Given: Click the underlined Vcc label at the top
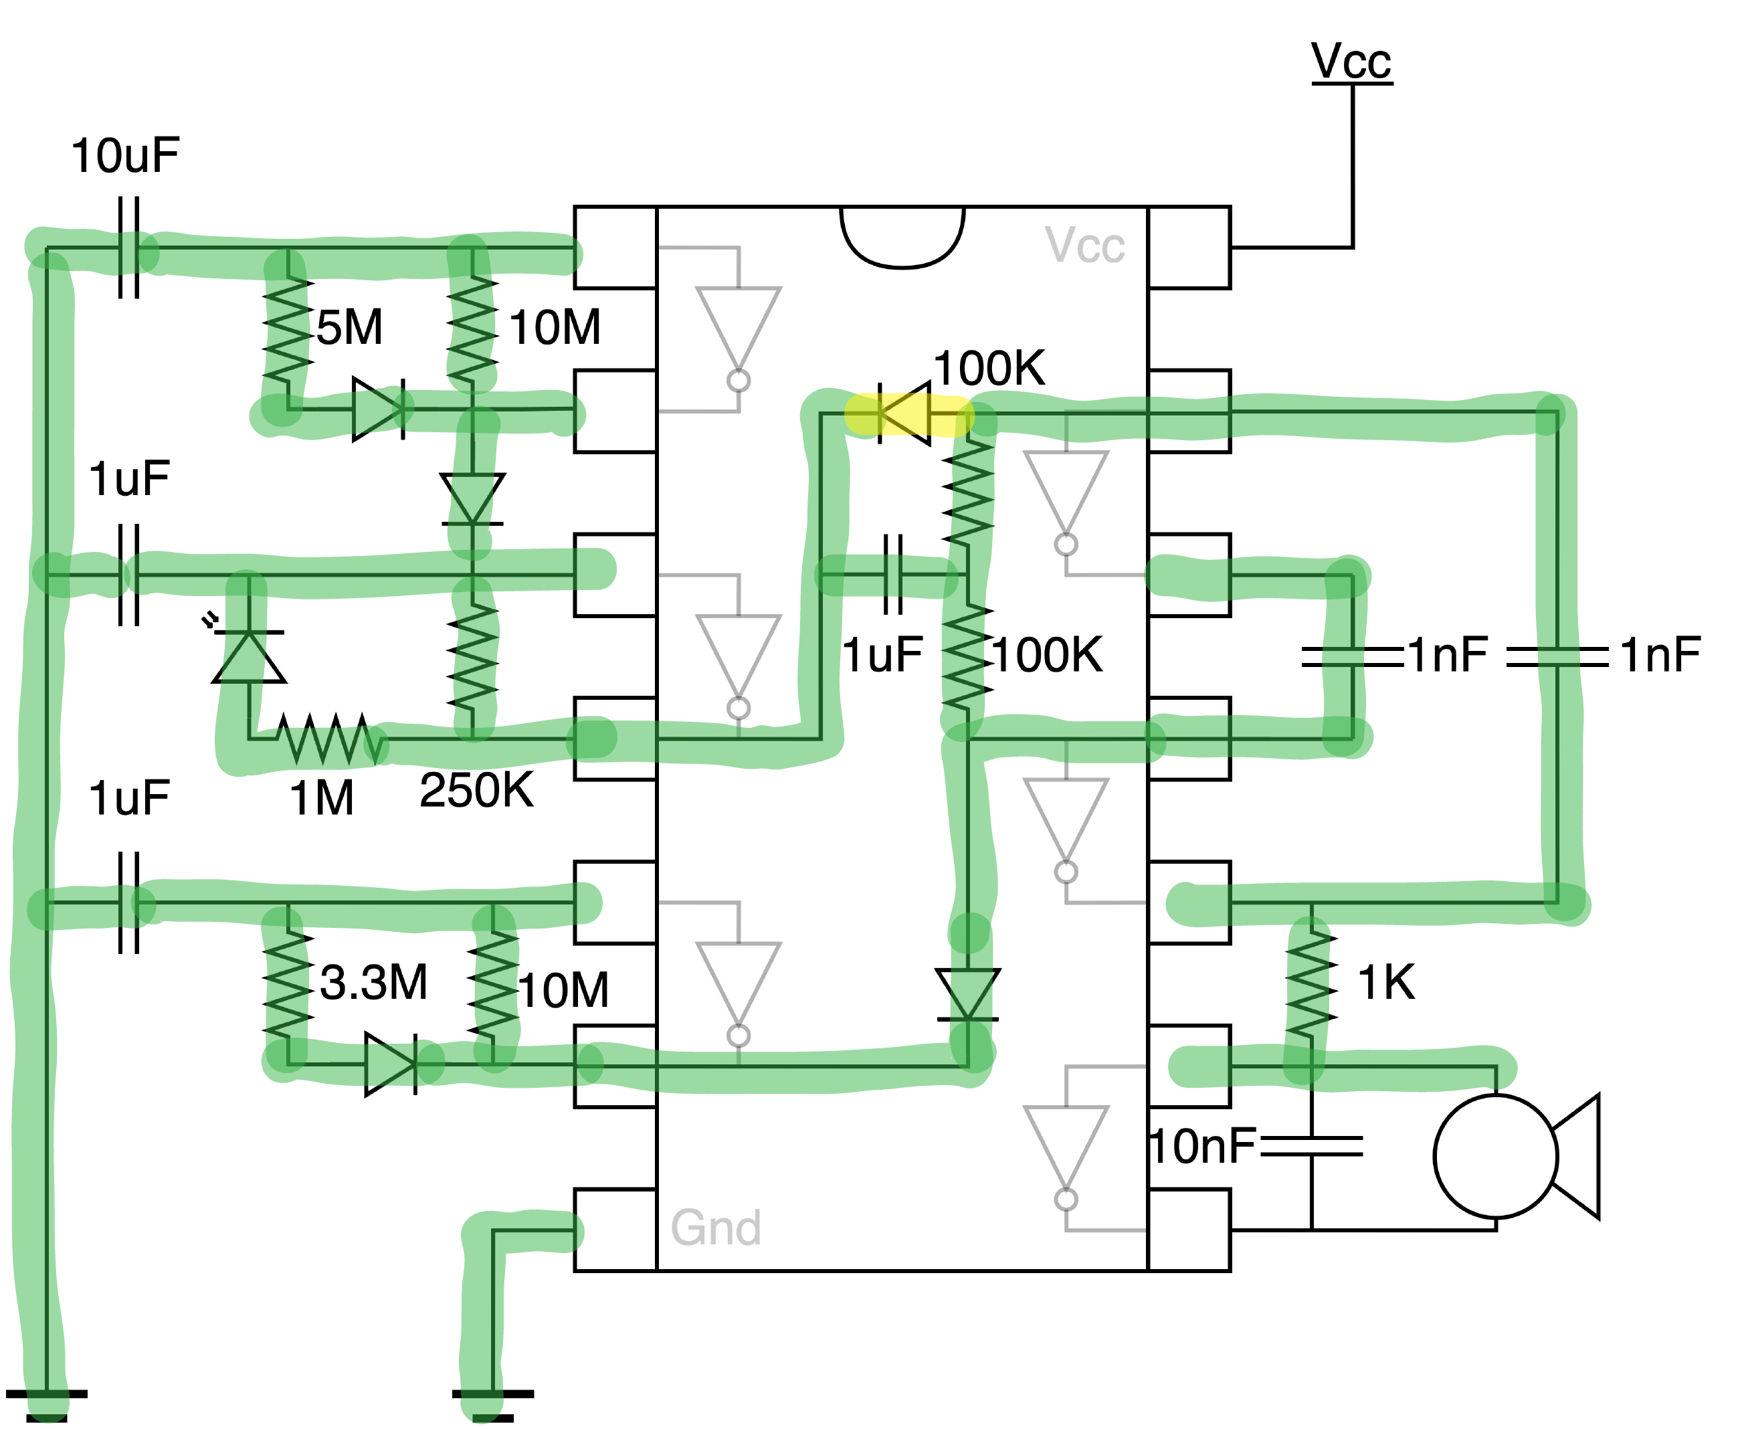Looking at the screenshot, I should click(x=1351, y=62).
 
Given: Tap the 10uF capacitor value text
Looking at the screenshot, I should click(x=125, y=156).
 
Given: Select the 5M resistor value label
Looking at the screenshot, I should click(x=350, y=328).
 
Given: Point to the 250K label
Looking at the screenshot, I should click(x=476, y=790).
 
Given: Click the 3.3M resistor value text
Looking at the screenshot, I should click(x=374, y=982).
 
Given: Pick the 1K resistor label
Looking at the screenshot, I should click(x=1386, y=982).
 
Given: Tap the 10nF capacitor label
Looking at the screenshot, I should click(x=1202, y=1147).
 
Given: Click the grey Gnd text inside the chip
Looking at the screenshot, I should click(x=715, y=1228).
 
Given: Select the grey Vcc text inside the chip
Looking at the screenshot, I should click(x=1084, y=246).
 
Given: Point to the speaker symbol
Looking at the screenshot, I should click(x=1515, y=1157).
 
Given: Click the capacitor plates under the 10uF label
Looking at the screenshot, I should click(x=129, y=247).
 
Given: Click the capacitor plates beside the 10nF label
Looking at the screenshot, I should click(x=1311, y=1147).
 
